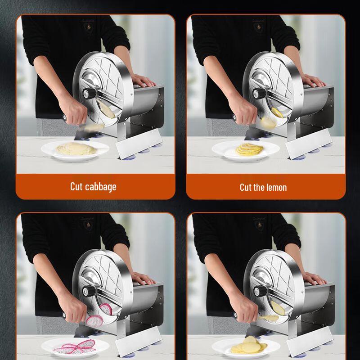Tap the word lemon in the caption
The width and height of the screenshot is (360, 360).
pos(276,187)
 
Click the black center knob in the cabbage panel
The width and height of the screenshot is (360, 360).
pos(90,94)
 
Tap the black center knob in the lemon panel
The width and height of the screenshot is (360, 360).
pos(260,94)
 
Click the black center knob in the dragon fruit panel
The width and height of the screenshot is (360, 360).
pos(90,292)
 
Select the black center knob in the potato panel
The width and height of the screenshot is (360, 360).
pos(260,291)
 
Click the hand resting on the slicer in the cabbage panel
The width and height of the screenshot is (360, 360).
pos(143,81)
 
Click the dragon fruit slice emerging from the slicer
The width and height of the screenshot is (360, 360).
pos(95,320)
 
